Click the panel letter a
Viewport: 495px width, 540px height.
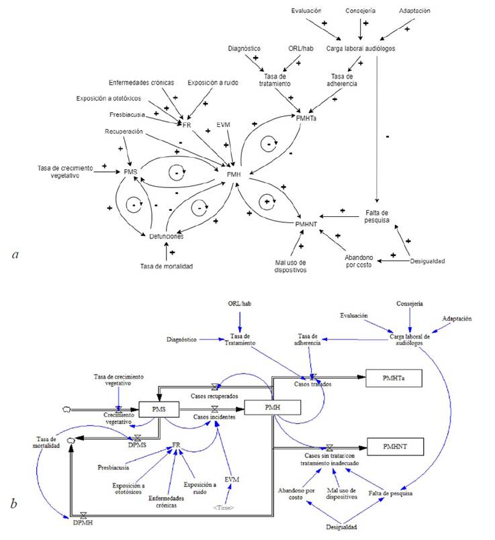tap(15, 255)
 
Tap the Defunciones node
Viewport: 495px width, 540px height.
tap(161, 236)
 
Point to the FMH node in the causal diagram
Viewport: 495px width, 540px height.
tap(232, 175)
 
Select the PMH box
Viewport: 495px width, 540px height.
tap(273, 407)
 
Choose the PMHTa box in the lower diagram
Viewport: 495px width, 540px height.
tap(392, 379)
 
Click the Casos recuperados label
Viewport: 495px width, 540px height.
tap(214, 396)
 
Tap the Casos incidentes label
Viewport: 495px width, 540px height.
tap(214, 417)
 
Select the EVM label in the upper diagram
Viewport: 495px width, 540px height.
tap(224, 124)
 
